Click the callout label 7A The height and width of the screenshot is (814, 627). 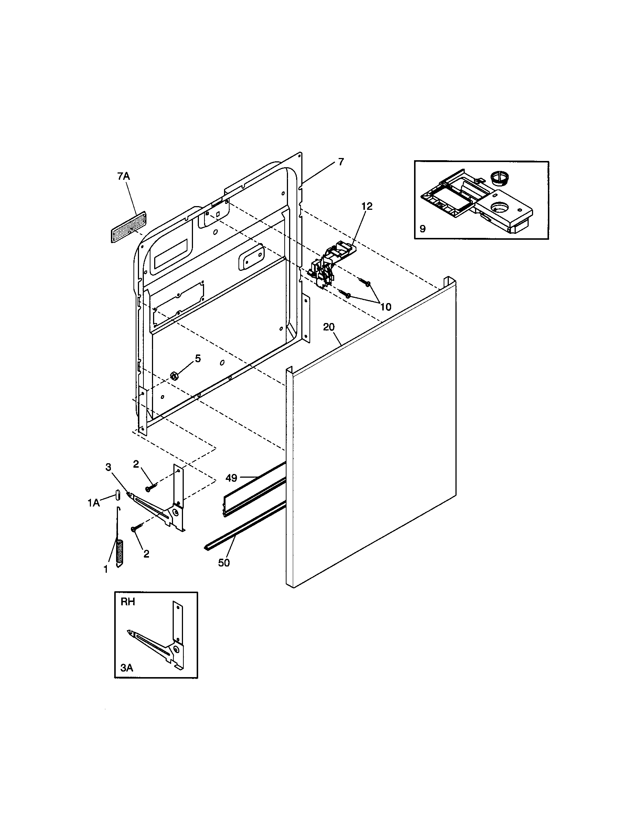123,176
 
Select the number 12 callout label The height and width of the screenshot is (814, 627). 367,206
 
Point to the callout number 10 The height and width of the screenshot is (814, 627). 386,307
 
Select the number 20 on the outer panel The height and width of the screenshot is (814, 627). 329,327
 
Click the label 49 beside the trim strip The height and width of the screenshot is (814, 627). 231,477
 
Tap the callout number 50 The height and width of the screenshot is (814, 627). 224,563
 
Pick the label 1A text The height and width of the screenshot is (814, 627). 94,503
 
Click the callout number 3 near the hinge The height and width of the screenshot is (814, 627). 108,467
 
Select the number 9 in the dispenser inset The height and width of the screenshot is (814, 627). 423,228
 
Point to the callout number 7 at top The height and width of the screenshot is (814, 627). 341,162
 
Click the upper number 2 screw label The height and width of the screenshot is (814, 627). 136,464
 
